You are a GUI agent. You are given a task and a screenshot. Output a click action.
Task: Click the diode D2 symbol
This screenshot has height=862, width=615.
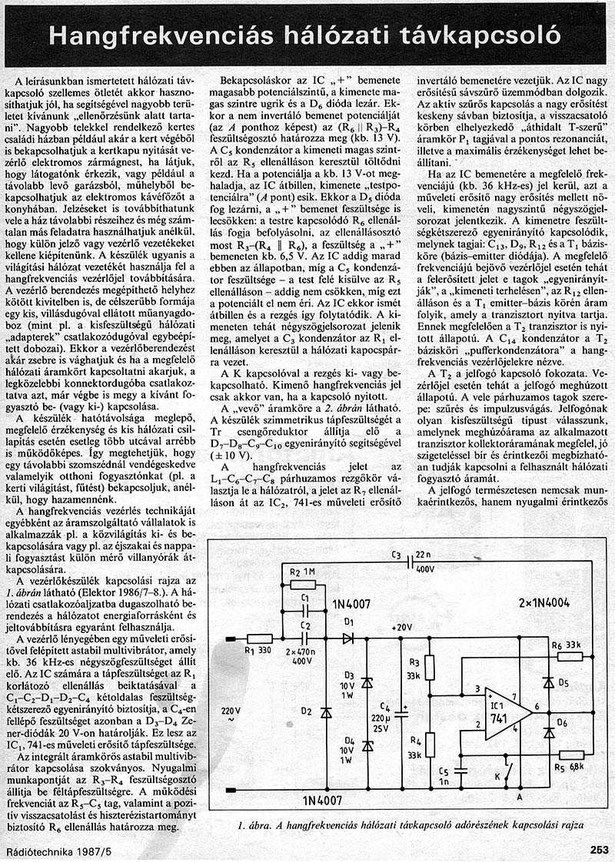[x=326, y=712]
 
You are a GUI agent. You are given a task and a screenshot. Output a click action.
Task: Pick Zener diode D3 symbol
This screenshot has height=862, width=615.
[x=367, y=682]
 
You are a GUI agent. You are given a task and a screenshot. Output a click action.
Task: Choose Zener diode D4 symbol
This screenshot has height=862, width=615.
[x=367, y=744]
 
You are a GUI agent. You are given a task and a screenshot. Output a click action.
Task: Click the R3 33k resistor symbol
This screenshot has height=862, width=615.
[x=430, y=669]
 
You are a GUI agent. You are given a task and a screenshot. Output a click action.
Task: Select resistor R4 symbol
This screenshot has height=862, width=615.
[x=430, y=744]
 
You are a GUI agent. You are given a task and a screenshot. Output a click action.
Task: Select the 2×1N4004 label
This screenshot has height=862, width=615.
[x=543, y=602]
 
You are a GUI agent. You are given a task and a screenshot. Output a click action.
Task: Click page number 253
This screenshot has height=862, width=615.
[x=599, y=850]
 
